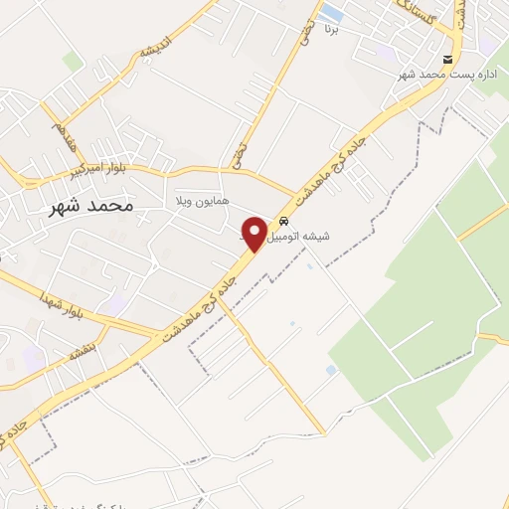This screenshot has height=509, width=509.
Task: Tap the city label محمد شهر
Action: tap(89, 207)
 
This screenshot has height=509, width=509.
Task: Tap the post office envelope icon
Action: tap(448, 60)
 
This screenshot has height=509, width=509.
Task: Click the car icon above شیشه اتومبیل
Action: tap(285, 222)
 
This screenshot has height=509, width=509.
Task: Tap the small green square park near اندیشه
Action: tap(74, 62)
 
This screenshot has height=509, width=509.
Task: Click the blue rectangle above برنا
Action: tap(332, 14)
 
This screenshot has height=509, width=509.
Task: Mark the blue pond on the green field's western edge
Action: tap(331, 370)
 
